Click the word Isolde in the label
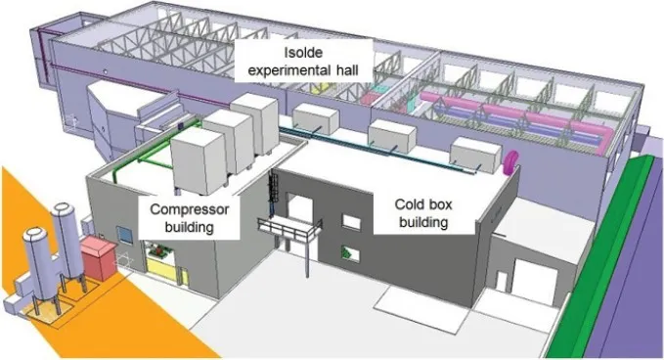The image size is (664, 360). pos(303,53)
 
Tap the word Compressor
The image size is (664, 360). pos(190,209)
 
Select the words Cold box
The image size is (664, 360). pos(423,204)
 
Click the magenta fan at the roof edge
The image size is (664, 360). pos(510,162)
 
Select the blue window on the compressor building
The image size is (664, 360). pos(124,236)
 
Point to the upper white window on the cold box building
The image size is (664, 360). pos(351,222)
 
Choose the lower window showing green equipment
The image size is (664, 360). pos(351,253)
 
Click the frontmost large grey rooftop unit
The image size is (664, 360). pos(199,160)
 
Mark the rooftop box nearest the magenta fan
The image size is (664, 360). pos(475,155)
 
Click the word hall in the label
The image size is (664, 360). pos(348,69)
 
